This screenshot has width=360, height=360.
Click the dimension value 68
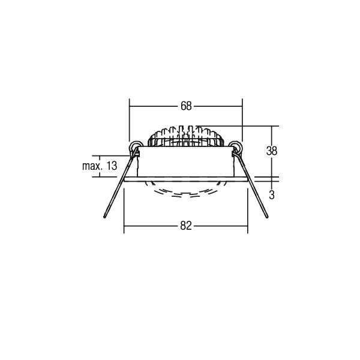point(185,106)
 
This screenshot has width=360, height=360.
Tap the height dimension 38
point(272,151)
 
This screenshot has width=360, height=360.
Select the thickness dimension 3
point(272,194)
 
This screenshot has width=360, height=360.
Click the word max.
point(91,166)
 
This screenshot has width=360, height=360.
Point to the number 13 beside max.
point(111,166)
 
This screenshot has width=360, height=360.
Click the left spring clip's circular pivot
point(136,146)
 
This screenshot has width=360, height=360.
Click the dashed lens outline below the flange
point(185,191)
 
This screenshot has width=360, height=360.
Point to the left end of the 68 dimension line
point(131,106)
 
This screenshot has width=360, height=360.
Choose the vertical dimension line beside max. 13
point(131,166)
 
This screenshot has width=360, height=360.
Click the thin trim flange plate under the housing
point(185,179)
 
